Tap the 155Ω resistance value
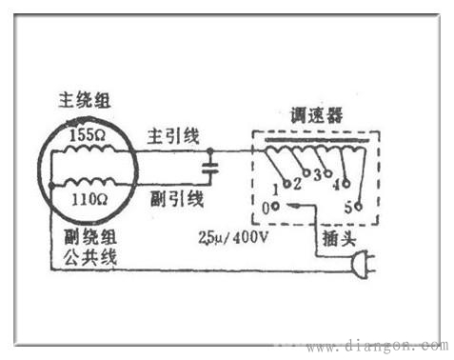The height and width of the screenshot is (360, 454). coord(89,136)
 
